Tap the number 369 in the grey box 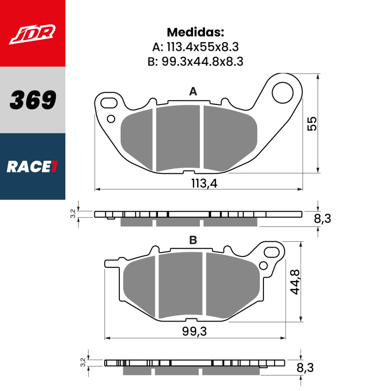(x=33, y=100)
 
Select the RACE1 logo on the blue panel (x=32, y=167)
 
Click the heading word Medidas (x=195, y=32)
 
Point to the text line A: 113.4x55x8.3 (x=195, y=47)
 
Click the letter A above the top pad (x=193, y=92)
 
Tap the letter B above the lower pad (x=193, y=240)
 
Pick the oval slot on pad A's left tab (x=109, y=103)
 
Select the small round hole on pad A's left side (x=111, y=118)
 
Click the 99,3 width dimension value (x=194, y=332)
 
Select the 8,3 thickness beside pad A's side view (x=322, y=219)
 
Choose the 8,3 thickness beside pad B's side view (x=305, y=368)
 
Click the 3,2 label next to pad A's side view (x=72, y=213)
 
